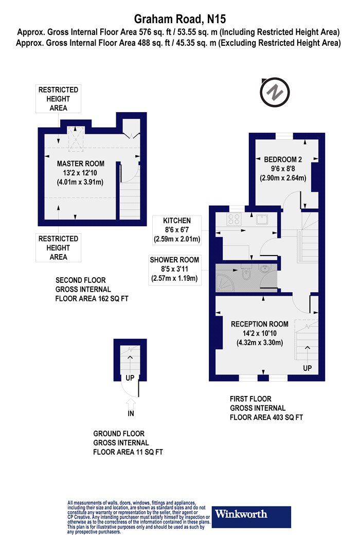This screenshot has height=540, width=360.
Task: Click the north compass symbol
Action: pos(275,92)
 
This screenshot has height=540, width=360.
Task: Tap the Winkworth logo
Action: pos(251,517)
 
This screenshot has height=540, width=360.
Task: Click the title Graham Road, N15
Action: pos(180,19)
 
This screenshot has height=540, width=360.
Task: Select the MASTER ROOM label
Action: pos(81,164)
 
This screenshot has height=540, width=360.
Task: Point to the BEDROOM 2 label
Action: pos(283,159)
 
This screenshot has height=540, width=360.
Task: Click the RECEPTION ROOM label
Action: pos(259,324)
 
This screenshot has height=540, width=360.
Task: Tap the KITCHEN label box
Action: pos(177,230)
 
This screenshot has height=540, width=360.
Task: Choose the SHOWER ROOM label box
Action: pos(174,269)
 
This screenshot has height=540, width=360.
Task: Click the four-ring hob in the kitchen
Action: pos(233,219)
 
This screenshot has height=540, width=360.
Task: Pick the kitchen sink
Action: pos(262,220)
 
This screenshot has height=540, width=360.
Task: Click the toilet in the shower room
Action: pos(246,273)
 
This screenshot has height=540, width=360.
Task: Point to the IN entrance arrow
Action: pos(131,403)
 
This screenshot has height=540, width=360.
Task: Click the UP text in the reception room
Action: pos(308,368)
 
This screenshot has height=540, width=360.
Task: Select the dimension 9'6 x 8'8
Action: pos(283,169)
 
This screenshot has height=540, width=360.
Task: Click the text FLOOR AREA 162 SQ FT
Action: pos(92,299)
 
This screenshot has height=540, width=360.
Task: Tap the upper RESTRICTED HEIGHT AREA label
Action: pos(58,99)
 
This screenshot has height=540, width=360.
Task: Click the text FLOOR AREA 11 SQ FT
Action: pos(128,452)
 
